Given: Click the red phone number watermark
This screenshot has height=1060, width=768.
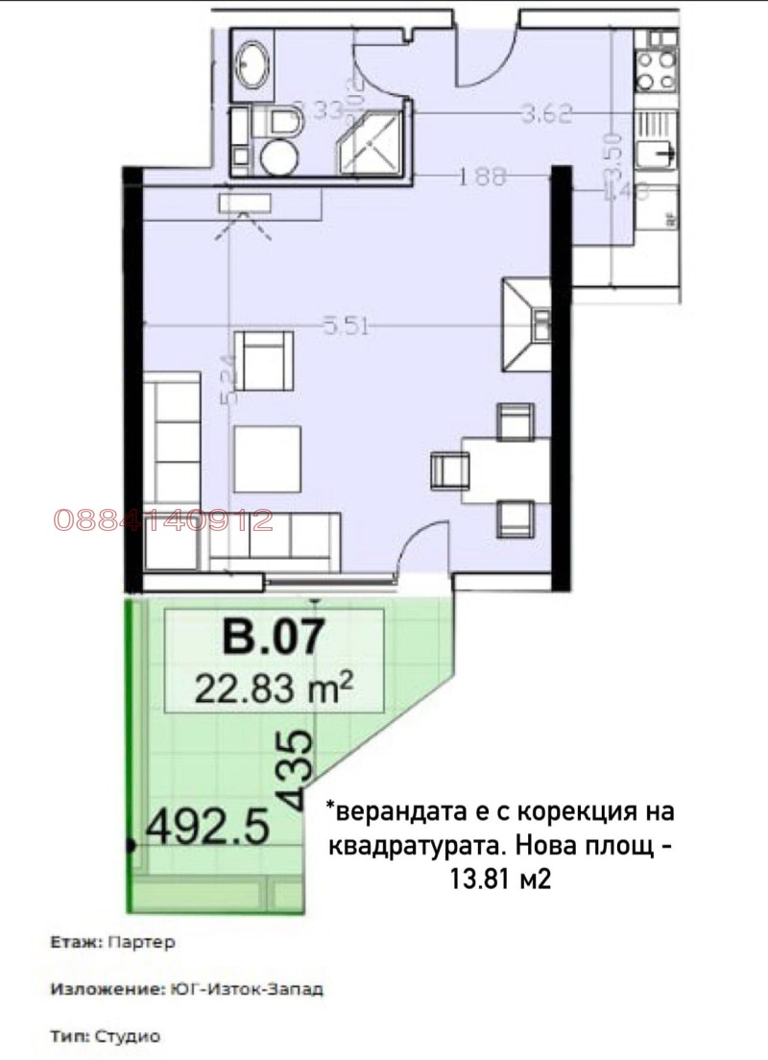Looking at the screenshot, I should [x=163, y=520].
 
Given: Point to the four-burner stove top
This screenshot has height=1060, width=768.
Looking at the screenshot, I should [x=656, y=69].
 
